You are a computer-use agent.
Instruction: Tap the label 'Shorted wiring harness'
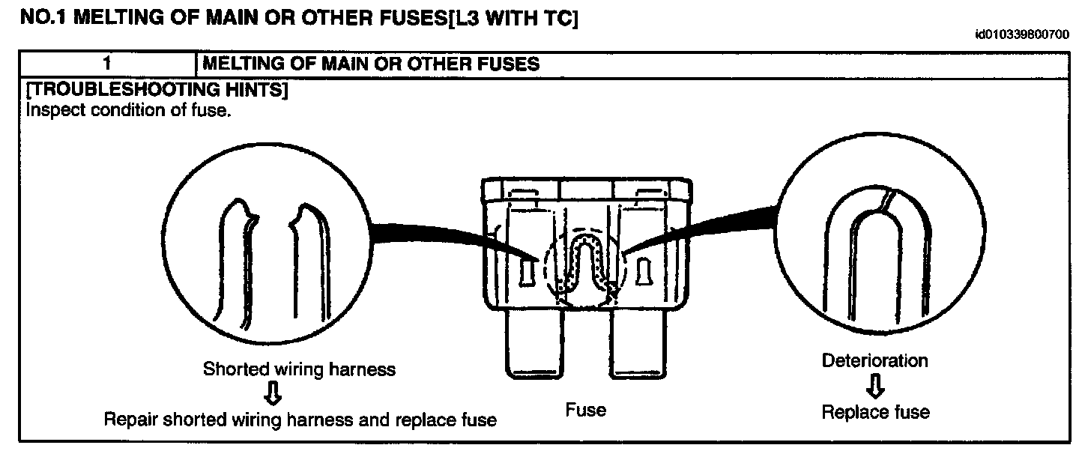[299, 369]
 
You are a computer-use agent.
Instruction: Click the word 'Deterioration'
[874, 360]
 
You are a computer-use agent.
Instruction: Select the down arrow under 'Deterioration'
[874, 386]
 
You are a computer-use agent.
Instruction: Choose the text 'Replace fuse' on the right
[875, 412]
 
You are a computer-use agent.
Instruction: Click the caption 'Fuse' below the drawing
[585, 410]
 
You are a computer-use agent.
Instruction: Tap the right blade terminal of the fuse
[637, 344]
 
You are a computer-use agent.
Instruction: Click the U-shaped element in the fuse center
[584, 258]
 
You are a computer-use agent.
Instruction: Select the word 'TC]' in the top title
[557, 19]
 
